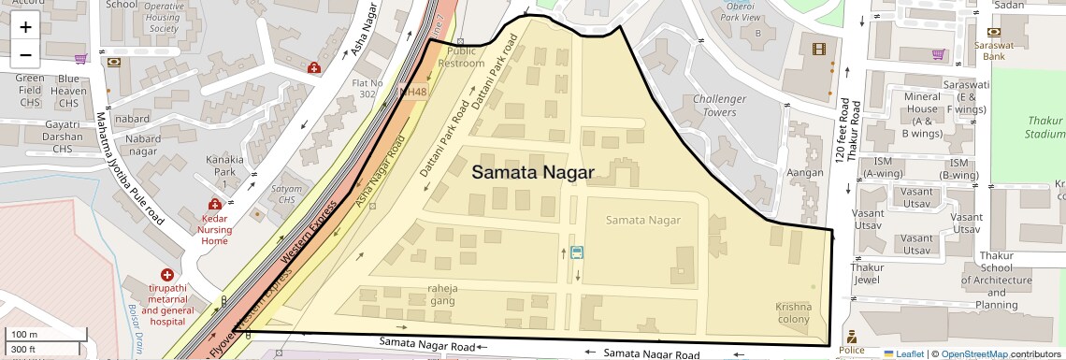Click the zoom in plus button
coord(25,27)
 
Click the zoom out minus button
coord(25,54)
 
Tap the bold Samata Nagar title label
coord(533,173)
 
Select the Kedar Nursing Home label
coord(215,228)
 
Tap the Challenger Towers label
coord(719,106)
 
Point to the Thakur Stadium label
coord(1045,127)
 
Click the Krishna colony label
coord(793,313)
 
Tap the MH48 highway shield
coord(412,92)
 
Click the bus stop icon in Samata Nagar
coord(577,252)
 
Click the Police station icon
coord(851,337)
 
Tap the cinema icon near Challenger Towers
coord(819,49)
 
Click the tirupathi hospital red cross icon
coord(166,275)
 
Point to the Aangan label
coord(805,173)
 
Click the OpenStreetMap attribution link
coord(973,354)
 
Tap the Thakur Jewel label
coord(867,273)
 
